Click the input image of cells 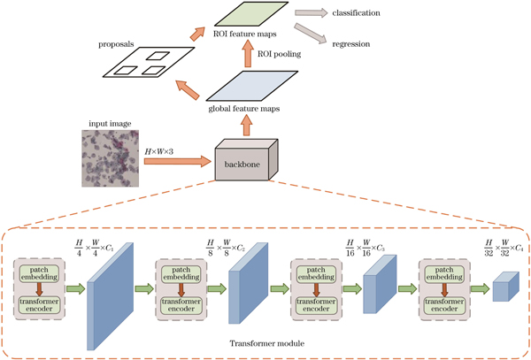click(x=108, y=159)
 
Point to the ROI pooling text click(x=281, y=55)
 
